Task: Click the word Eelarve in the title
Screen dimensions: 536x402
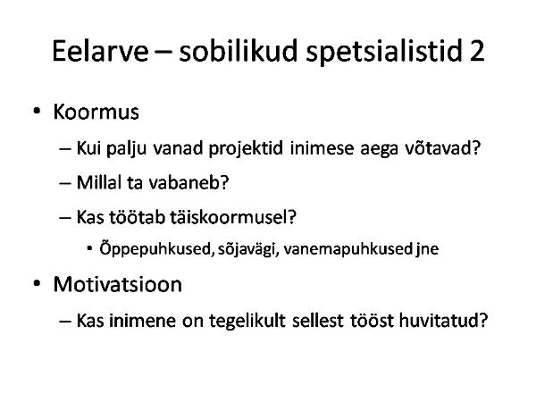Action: pyautogui.click(x=100, y=51)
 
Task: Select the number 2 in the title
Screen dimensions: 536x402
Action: pyautogui.click(x=477, y=51)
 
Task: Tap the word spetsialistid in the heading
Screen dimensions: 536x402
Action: pyautogui.click(x=384, y=52)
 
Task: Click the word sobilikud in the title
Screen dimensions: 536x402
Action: pyautogui.click(x=239, y=51)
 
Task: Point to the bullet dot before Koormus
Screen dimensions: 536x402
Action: pyautogui.click(x=37, y=111)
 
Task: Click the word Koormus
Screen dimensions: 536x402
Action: pyautogui.click(x=96, y=112)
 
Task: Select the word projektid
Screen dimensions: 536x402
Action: pyautogui.click(x=246, y=148)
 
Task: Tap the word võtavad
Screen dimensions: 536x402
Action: pyautogui.click(x=439, y=148)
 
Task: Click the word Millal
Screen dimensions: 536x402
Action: pyautogui.click(x=99, y=182)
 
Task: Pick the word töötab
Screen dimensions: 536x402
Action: pyautogui.click(x=137, y=217)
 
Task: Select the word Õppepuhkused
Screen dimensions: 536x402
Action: pyautogui.click(x=155, y=248)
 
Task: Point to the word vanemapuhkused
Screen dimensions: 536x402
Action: pyautogui.click(x=348, y=249)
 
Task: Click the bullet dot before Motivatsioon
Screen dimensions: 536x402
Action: pyautogui.click(x=37, y=284)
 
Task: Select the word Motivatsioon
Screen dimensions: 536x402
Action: pyautogui.click(x=118, y=284)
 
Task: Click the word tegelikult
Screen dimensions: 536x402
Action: pyautogui.click(x=247, y=321)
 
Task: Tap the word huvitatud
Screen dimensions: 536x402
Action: pyautogui.click(x=439, y=321)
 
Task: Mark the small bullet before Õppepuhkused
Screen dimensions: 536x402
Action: pyautogui.click(x=89, y=248)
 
